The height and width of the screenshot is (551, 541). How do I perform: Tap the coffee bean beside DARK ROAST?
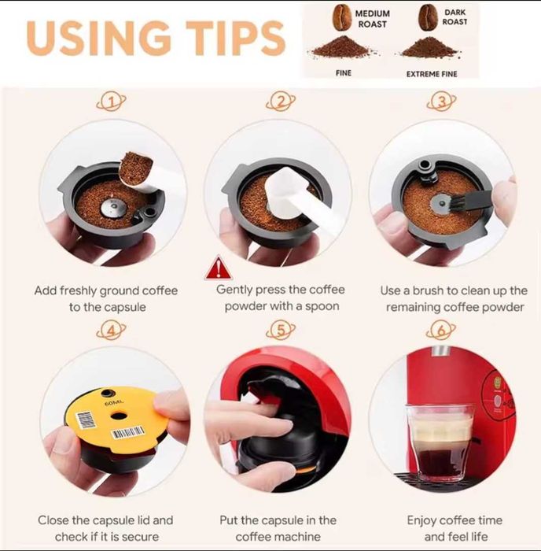(x=429, y=17)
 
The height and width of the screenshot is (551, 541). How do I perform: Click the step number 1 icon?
(x=112, y=102)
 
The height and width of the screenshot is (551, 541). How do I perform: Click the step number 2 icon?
(x=280, y=102)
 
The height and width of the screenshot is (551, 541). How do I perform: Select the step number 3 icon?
(x=443, y=102)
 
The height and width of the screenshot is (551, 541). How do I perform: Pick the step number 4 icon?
(x=112, y=329)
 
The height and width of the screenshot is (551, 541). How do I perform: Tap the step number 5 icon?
(x=280, y=329)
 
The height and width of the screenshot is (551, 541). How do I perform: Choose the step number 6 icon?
(x=443, y=329)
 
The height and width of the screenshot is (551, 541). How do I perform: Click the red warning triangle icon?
(x=214, y=269)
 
